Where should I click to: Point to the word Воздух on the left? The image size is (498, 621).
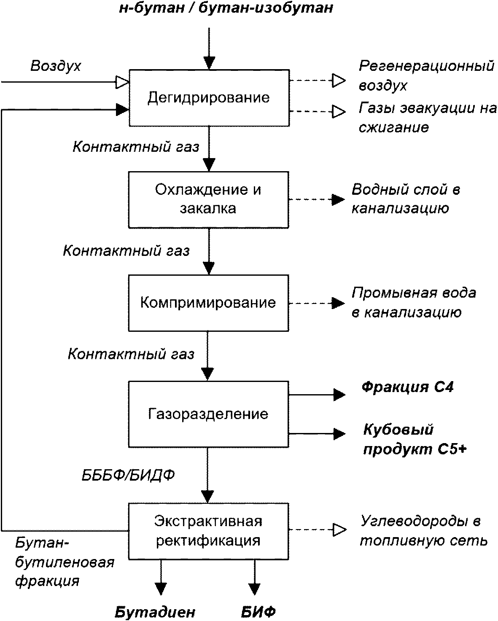coord(56,66)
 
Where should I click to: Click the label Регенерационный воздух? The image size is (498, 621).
coord(426,75)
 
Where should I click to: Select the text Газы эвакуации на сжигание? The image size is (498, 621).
coord(428,118)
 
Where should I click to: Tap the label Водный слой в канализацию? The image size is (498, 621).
coord(406,199)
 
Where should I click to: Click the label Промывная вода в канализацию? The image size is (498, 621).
coord(414,303)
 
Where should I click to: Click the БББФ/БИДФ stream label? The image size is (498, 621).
coord(128,476)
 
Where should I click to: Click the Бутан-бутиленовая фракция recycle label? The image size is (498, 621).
coord(65,562)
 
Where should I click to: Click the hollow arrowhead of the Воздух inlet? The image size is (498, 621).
coord(122,82)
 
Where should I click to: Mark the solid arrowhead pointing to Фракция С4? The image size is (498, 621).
coord(339,395)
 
